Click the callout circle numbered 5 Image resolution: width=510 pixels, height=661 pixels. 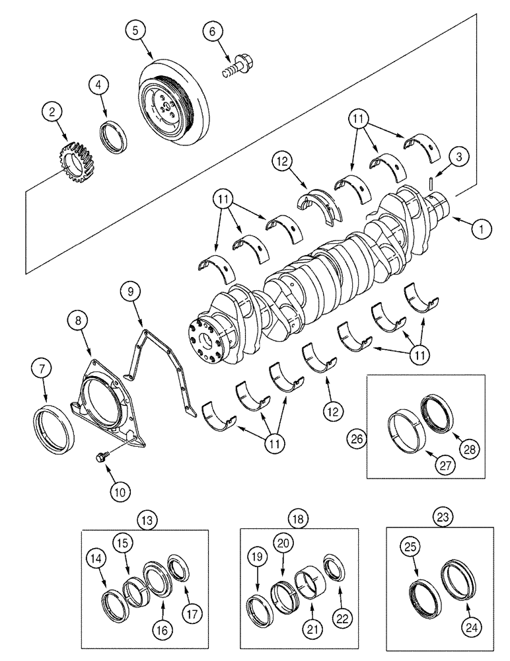pos(135,30)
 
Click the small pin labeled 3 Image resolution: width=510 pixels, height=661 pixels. pos(429,182)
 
